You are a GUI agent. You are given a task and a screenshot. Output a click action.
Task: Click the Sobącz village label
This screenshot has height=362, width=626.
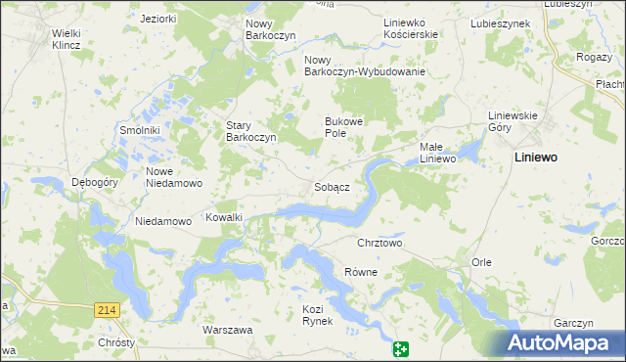pyautogui.click(x=333, y=187)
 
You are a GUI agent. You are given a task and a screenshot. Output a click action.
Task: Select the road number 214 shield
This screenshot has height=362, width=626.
pyautogui.click(x=108, y=309)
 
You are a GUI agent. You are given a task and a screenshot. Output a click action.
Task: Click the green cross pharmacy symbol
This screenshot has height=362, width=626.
pyautogui.click(x=401, y=349)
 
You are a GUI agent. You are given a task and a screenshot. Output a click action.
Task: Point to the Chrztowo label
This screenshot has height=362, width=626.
pyautogui.click(x=380, y=243)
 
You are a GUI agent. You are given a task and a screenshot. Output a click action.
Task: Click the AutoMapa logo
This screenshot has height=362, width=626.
pyautogui.click(x=564, y=342)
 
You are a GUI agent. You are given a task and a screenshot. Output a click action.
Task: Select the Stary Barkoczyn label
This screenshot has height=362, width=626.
pyautogui.click(x=253, y=131)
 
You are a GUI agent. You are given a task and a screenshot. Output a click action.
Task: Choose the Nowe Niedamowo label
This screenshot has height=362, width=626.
pyautogui.click(x=173, y=177)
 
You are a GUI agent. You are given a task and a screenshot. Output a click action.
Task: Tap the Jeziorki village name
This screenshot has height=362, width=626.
pyautogui.click(x=157, y=19)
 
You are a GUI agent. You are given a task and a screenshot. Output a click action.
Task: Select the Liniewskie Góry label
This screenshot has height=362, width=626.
pyautogui.click(x=514, y=121)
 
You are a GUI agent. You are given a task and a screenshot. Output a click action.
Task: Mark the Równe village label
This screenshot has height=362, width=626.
pyautogui.click(x=361, y=272)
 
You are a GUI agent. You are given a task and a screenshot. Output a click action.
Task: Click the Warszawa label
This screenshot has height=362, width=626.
pyautogui.click(x=228, y=330)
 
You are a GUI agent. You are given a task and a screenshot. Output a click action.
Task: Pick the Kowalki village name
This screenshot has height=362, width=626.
pyautogui.click(x=223, y=217)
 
